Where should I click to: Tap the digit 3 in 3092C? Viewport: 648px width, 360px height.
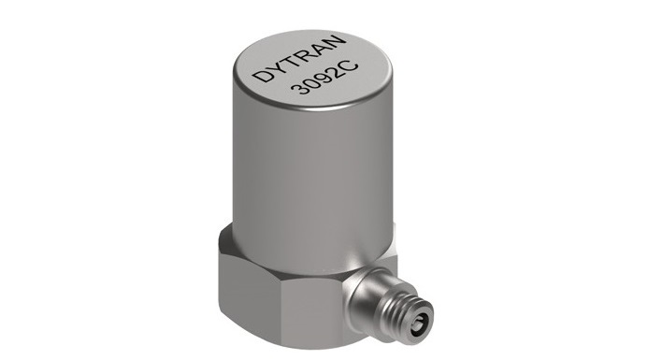299,87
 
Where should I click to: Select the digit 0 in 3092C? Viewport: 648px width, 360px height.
311,81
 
